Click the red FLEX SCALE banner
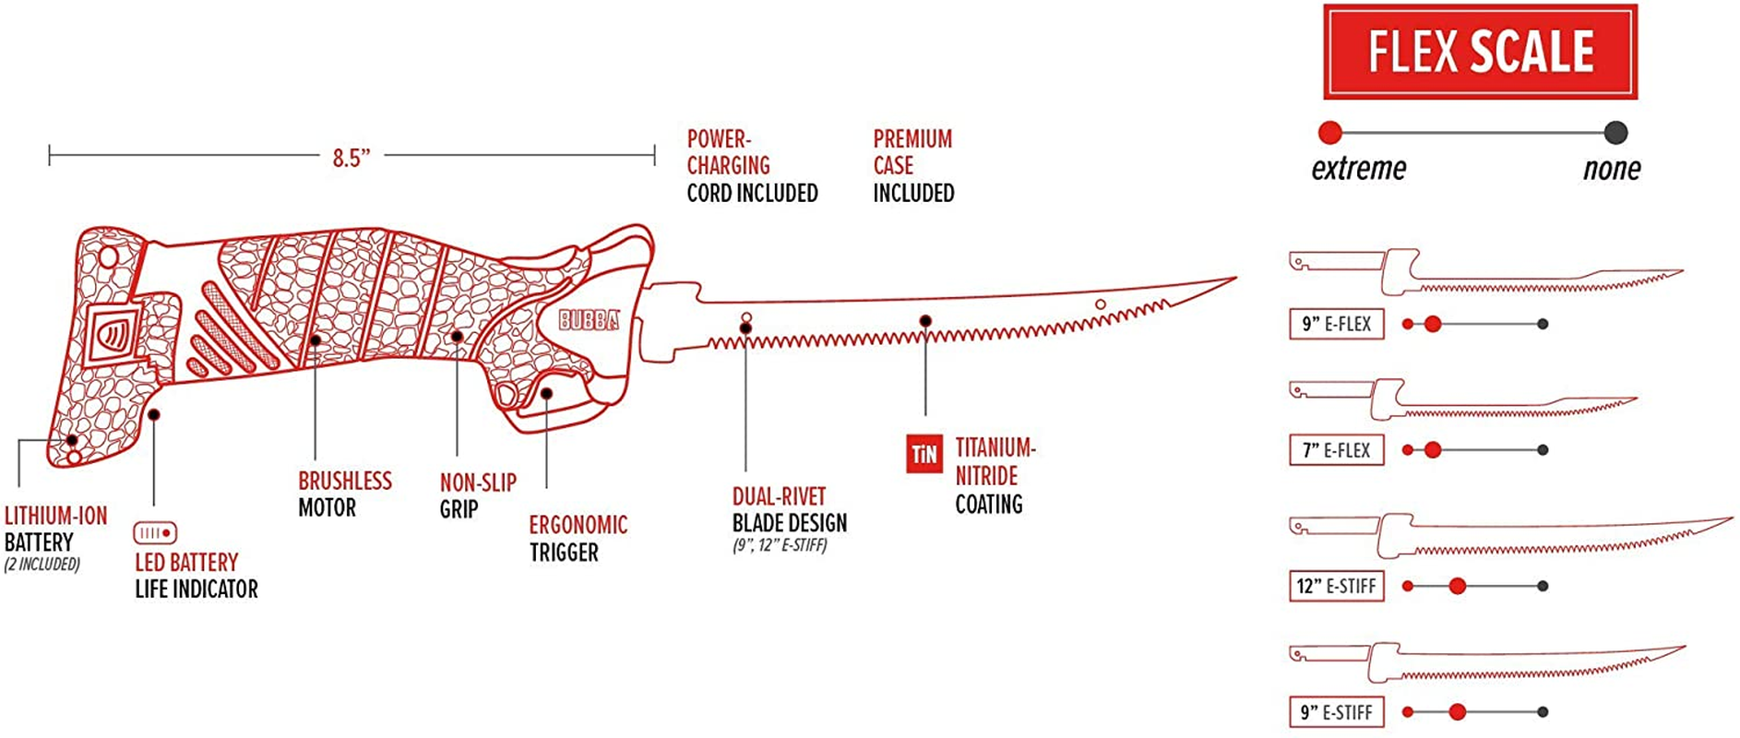coord(1480,52)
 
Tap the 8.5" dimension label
coord(352,158)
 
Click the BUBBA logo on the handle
coord(589,319)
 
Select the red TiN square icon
coord(924,454)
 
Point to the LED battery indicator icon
coord(155,533)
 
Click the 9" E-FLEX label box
coord(1337,324)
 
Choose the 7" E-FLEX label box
coord(1337,450)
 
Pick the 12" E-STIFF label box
coord(1337,586)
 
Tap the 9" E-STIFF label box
coord(1337,712)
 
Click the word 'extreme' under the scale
coord(1359,169)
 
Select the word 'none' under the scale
coord(1612,169)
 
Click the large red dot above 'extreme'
coord(1330,133)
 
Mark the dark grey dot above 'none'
coord(1615,133)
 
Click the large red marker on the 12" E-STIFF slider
coord(1458,586)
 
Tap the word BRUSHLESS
coord(345,481)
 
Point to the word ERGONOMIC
coord(578,525)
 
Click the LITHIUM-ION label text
coord(56,516)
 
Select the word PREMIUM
coord(912,139)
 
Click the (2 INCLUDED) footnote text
coord(42,565)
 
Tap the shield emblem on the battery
coord(113,333)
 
